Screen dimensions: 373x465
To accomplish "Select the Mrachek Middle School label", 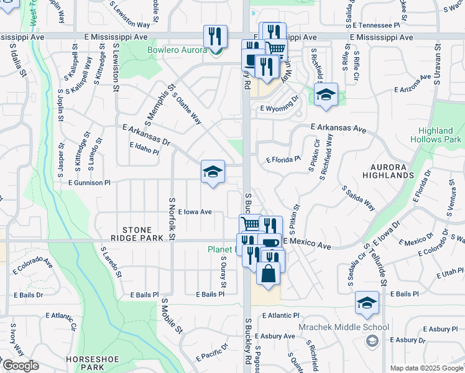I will [352, 327].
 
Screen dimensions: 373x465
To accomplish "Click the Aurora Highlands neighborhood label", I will [397, 172].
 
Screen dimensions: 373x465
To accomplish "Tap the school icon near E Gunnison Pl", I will [213, 172].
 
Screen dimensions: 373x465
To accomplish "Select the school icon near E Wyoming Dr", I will [325, 95].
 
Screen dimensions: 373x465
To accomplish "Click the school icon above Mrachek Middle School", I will [367, 303].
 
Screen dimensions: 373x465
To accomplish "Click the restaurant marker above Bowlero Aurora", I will [215, 37].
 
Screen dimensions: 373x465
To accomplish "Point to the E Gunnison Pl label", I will [85, 183].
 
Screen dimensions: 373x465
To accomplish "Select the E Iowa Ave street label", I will [195, 212].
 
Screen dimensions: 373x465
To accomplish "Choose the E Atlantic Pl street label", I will [280, 316].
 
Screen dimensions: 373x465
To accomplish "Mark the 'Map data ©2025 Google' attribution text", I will [426, 368].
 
